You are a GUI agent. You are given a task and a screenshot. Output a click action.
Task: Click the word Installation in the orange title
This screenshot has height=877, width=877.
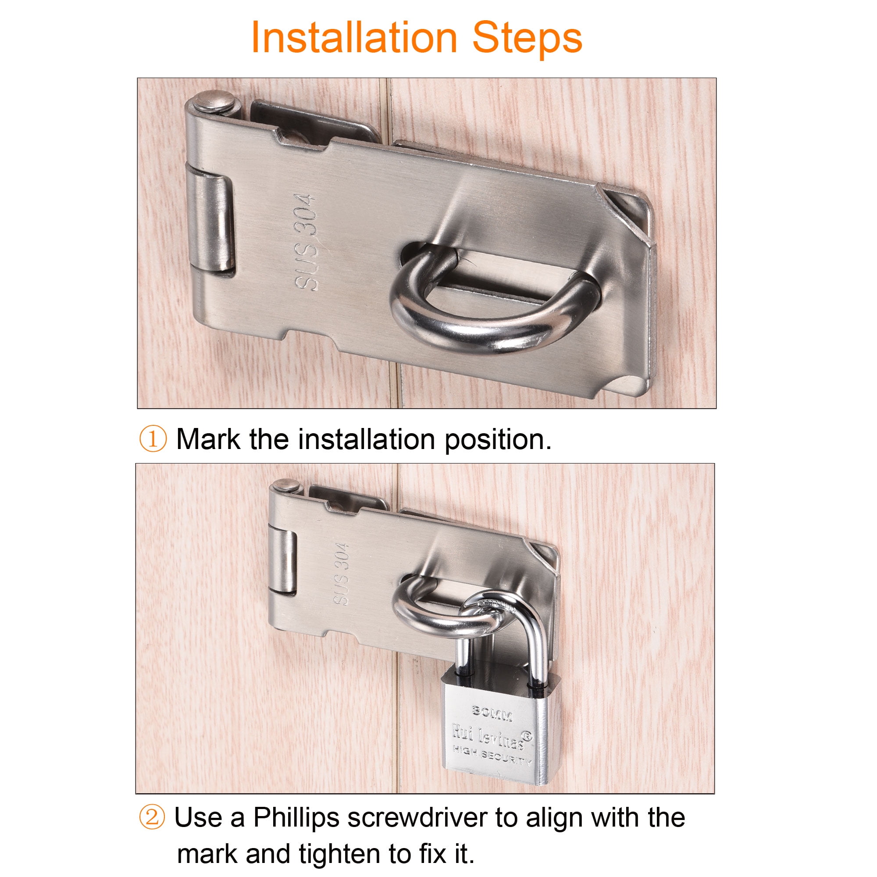(x=354, y=38)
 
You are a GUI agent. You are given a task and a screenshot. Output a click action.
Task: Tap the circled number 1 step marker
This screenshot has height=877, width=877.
(x=153, y=439)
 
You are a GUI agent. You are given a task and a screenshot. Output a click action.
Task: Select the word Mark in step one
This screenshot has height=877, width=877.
(x=208, y=439)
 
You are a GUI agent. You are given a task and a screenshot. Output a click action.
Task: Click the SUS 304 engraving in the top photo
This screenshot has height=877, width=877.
(x=305, y=242)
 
